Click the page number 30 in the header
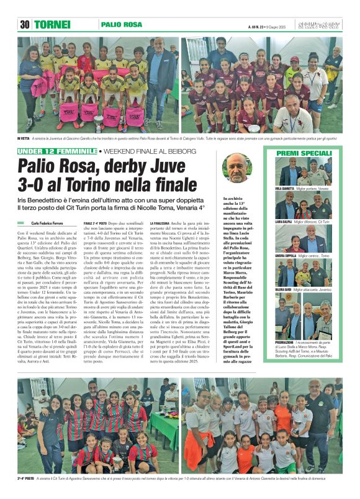[25, 25]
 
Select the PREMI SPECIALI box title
[304, 153]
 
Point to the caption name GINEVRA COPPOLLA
[286, 254]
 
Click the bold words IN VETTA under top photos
[24, 137]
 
